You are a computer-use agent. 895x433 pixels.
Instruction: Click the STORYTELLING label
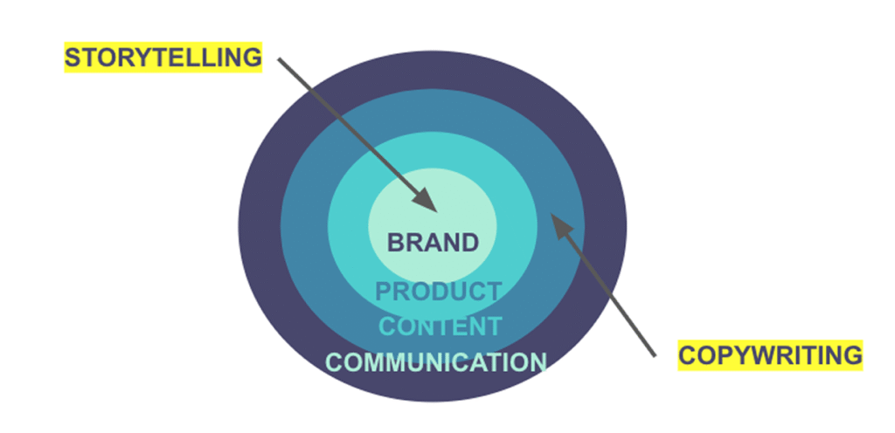pos(163,58)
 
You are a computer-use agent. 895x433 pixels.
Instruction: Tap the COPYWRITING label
pos(770,355)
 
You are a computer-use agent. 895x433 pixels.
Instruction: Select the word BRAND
pos(433,242)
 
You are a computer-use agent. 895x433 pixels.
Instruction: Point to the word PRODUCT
pos(439,292)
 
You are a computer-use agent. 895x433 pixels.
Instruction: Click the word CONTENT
pos(440,326)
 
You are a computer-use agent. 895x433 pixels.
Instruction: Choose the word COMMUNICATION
pos(436,361)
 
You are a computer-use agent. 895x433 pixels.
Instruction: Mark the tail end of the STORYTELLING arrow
pos(280,59)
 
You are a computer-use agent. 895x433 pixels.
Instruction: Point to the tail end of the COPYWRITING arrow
pos(654,354)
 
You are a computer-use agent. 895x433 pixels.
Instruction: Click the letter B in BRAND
pos(396,242)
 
